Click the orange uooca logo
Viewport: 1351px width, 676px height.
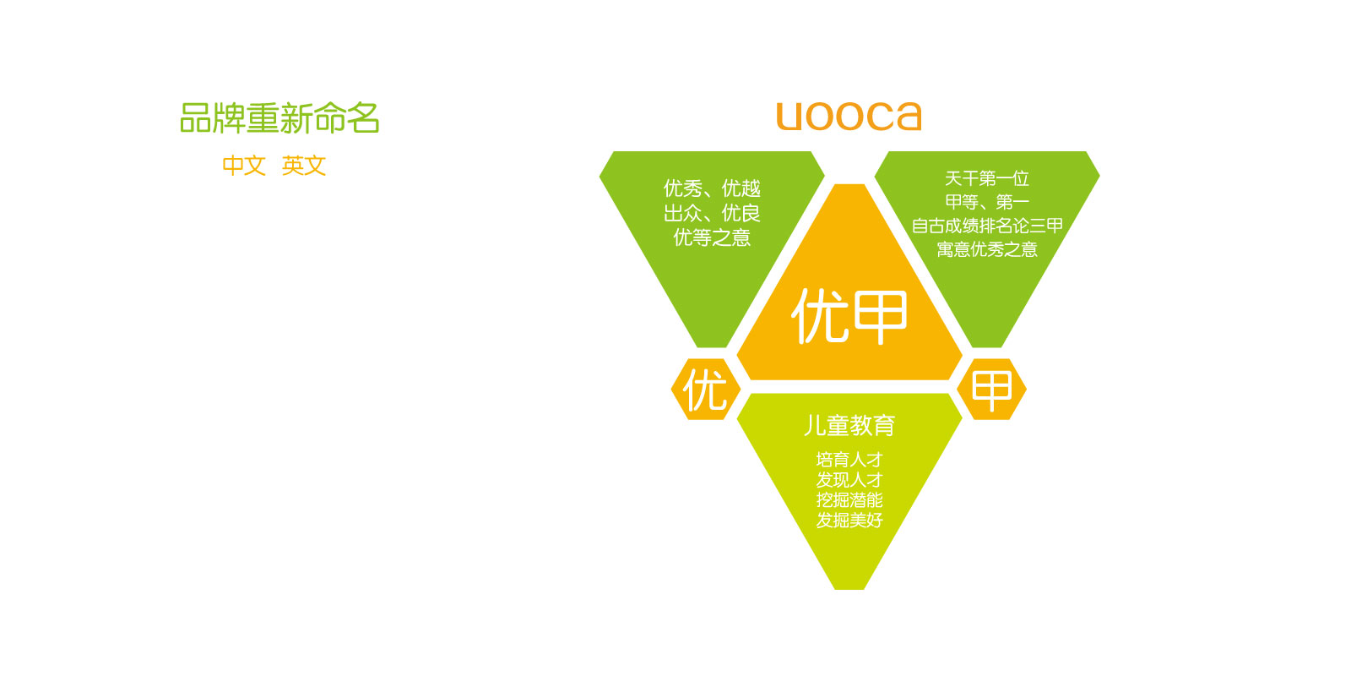[x=849, y=116]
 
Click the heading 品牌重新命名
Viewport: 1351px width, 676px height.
[x=279, y=118]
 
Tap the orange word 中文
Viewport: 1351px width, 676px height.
[x=244, y=166]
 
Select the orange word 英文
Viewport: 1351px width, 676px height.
[x=304, y=166]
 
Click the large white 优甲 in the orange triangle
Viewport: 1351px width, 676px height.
[x=849, y=316]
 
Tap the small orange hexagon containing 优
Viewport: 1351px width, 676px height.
[x=706, y=390]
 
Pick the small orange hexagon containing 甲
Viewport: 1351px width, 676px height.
[x=991, y=390]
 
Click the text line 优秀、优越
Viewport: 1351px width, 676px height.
[x=712, y=189]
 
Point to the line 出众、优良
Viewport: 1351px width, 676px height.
[x=712, y=213]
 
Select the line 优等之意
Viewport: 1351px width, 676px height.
[x=712, y=237]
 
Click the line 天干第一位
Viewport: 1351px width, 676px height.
[x=987, y=178]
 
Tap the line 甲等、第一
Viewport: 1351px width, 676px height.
[x=987, y=202]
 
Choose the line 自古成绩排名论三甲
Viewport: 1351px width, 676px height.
[x=987, y=226]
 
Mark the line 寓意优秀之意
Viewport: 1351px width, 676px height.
[x=987, y=249]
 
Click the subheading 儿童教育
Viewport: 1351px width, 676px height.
[x=849, y=426]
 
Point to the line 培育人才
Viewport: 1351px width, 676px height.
[x=849, y=460]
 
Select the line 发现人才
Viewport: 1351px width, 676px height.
[x=849, y=480]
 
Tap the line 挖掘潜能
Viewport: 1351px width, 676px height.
[x=849, y=499]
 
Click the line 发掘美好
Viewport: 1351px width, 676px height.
[x=849, y=520]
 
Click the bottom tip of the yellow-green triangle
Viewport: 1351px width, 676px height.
[x=849, y=589]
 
